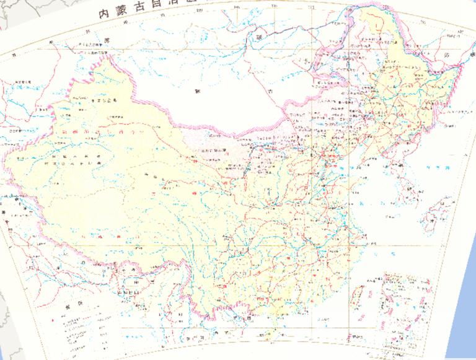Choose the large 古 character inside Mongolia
click(270, 91)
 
